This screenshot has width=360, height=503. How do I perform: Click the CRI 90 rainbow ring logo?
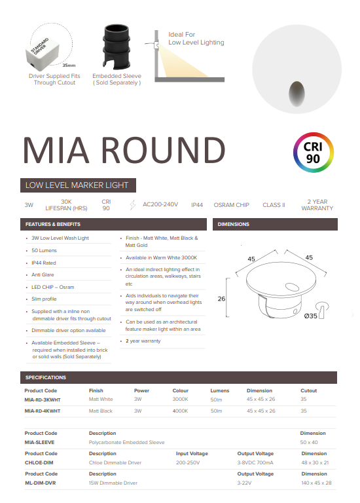tap(314, 153)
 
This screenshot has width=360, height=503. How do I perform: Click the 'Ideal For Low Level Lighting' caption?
tap(196, 38)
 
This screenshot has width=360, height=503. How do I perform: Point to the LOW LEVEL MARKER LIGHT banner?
tap(77, 185)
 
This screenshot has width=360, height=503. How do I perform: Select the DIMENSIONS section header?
tap(234, 224)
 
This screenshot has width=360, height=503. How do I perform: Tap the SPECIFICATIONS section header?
tap(46, 377)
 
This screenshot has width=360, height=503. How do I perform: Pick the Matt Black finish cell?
tap(101, 411)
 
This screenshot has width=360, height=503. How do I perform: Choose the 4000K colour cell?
tap(181, 411)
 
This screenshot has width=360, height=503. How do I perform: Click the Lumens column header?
tap(220, 390)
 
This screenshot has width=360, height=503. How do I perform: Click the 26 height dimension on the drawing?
tap(221, 299)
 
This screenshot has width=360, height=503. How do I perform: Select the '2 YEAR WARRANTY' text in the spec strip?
tap(317, 205)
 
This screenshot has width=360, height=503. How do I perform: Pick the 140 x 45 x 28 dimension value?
tap(317, 483)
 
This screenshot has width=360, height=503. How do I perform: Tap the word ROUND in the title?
tap(161, 149)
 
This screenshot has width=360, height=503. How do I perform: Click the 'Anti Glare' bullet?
tap(43, 274)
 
